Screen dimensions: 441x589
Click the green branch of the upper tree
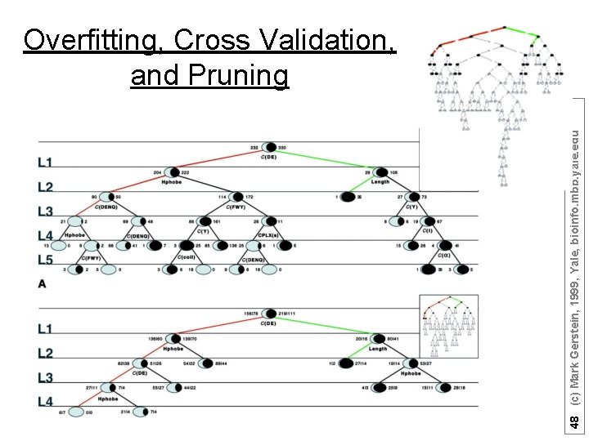pos(327,161)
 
